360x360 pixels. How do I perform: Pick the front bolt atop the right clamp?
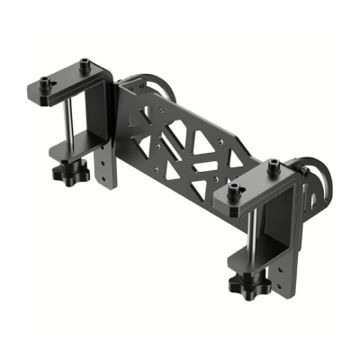click(235, 190)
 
